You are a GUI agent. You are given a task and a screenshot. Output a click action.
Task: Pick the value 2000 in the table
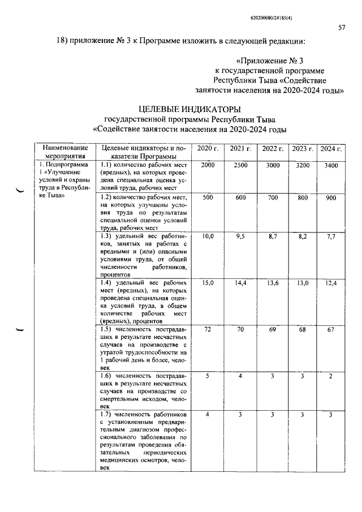pos(208,164)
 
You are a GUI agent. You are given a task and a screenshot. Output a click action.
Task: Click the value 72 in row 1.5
pos(208,329)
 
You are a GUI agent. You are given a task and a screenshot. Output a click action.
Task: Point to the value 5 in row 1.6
pos(208,375)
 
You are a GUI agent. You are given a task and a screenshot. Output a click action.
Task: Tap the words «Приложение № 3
pos(273,60)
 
